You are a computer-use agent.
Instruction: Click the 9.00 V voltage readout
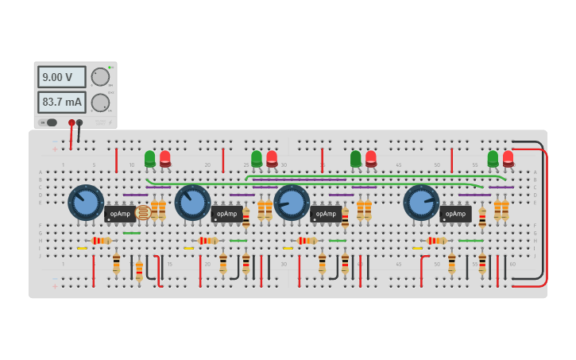pos(61,77)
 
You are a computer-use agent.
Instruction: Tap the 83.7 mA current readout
pos(61,103)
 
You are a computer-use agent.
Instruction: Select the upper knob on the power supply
pos(100,77)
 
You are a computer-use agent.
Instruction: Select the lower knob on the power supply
pos(100,103)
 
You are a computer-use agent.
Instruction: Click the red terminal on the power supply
pos(72,122)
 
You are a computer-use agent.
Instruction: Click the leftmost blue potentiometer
pos(86,203)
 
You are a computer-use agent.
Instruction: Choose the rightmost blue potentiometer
pos(421,203)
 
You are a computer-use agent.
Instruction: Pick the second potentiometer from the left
pos(192,203)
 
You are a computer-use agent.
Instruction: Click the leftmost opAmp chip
pos(120,214)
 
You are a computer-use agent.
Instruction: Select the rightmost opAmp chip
pos(455,214)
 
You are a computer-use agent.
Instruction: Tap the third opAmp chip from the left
pos(326,214)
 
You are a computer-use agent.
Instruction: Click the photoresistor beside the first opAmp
pos(143,212)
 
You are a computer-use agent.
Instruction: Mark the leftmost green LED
pos(150,159)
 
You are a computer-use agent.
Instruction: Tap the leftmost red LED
pos(165,159)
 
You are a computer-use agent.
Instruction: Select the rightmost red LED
pos(508,159)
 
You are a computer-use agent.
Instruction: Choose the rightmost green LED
pos(493,159)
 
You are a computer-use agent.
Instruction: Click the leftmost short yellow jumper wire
pos(82,249)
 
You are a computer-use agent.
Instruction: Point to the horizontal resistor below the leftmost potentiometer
pos(101,241)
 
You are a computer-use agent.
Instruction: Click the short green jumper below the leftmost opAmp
pos(132,233)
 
